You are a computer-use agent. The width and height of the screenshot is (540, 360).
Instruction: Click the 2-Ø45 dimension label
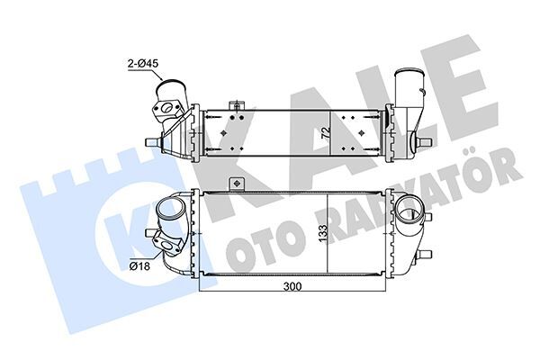[142, 63]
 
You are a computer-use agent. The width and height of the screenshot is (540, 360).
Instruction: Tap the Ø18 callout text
[139, 265]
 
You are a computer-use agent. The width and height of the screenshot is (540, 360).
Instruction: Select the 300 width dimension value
[292, 286]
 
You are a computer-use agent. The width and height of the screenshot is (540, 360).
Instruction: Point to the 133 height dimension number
[322, 234]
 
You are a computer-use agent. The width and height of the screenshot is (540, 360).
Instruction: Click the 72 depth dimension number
[326, 133]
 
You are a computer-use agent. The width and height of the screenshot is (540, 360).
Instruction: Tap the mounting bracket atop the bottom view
[236, 184]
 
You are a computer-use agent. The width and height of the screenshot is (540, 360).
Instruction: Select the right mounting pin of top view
[424, 141]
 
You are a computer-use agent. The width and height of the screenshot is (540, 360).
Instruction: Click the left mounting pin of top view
[154, 142]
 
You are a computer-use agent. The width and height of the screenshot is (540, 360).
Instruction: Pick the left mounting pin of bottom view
[152, 232]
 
